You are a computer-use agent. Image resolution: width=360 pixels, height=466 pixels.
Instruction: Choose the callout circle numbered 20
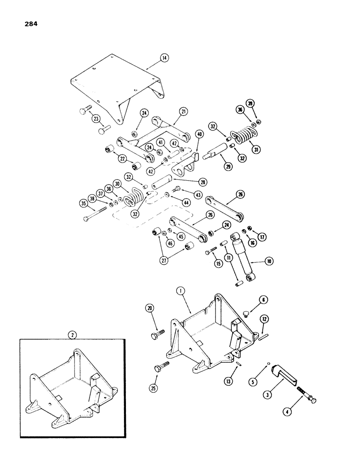149,308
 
